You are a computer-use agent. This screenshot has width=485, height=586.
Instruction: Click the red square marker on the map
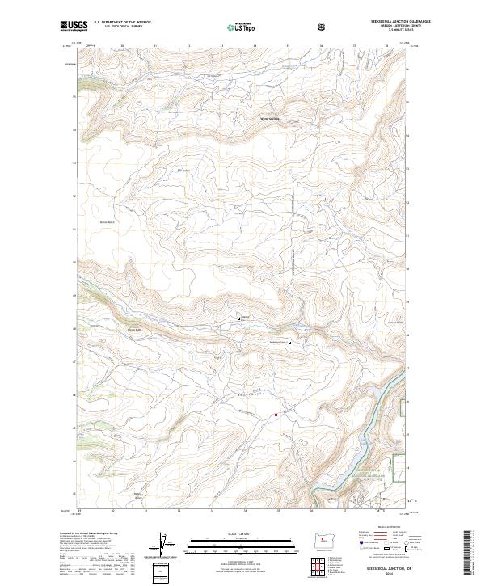pos(276,415)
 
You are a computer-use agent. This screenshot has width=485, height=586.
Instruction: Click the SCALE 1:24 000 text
pos(232,534)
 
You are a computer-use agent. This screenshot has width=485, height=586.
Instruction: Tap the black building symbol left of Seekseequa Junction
pos(239,319)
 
